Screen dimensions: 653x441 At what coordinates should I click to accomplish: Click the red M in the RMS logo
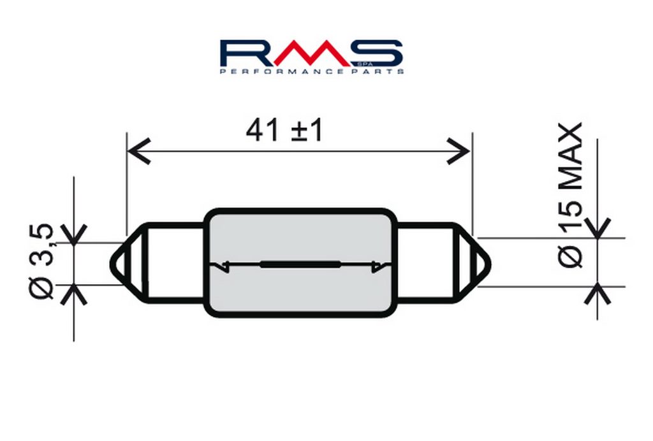click(x=312, y=54)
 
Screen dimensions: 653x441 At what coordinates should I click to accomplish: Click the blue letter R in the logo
click(x=246, y=54)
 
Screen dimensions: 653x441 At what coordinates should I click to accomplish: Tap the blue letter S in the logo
click(x=377, y=54)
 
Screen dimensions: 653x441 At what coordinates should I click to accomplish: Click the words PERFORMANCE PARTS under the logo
click(x=312, y=71)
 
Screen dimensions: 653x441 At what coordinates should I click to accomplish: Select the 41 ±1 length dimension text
click(x=284, y=130)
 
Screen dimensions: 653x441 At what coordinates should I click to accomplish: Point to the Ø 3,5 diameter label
click(x=41, y=261)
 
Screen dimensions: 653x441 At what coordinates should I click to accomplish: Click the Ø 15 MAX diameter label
click(x=569, y=195)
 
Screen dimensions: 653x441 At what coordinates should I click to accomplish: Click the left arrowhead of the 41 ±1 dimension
click(x=138, y=152)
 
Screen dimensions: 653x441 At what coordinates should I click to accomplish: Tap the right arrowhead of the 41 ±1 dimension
click(x=459, y=152)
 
